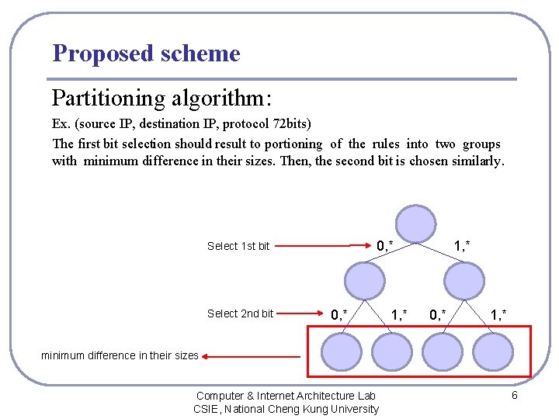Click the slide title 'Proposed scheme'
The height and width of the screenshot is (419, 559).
point(146,54)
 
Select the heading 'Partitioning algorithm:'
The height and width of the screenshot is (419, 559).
point(161,99)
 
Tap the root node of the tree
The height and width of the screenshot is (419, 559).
point(415,223)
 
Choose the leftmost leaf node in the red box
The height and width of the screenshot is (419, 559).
point(342,350)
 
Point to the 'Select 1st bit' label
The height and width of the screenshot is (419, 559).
point(238,246)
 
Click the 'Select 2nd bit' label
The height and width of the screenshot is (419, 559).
point(240,313)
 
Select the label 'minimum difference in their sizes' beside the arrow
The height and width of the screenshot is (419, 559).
point(120,356)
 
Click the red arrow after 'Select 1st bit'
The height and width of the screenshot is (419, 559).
point(321,247)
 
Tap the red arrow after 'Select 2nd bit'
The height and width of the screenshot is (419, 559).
point(299,314)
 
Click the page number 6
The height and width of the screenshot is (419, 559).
point(514,396)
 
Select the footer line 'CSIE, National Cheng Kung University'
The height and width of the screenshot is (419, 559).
point(286,409)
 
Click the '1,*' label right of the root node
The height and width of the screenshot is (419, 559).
point(461,246)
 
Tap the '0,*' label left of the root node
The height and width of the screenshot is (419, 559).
point(384,246)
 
